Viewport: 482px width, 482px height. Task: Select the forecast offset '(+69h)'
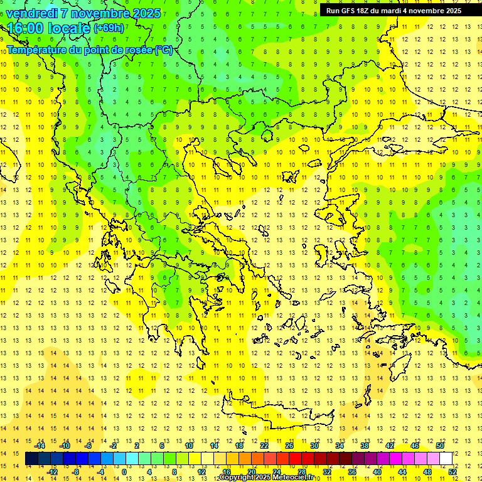[109, 28]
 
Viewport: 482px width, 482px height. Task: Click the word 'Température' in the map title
[36, 50]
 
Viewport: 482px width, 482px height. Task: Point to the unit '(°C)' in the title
[163, 50]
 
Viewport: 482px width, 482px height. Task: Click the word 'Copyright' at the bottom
[237, 478]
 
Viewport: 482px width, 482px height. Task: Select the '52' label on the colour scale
[452, 472]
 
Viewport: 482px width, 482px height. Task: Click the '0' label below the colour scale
[124, 472]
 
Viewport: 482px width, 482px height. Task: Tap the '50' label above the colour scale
[439, 446]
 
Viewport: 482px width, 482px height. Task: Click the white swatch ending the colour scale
[446, 459]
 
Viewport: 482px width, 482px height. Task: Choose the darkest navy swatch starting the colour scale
[32, 459]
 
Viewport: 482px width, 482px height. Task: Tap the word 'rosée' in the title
[138, 50]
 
